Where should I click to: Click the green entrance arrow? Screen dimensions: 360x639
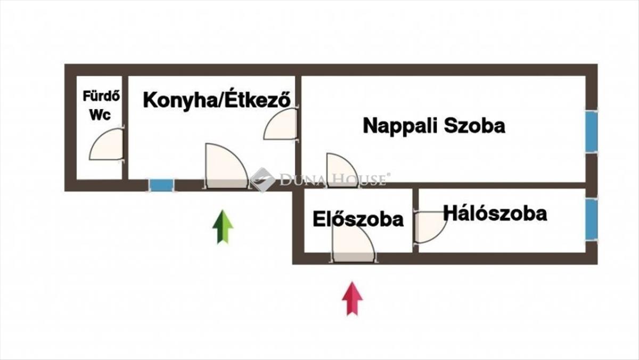click(x=223, y=227)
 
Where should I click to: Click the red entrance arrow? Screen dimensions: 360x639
click(x=352, y=298)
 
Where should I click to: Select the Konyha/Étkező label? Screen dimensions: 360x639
click(x=217, y=100)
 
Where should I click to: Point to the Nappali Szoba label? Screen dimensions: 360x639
click(x=433, y=126)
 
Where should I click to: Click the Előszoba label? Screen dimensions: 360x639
click(x=358, y=219)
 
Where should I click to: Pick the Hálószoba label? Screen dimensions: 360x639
click(x=495, y=214)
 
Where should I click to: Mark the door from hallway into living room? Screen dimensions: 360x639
click(x=341, y=171)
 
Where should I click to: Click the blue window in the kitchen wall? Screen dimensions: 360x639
click(x=161, y=185)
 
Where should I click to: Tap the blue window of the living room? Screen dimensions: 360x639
click(x=591, y=132)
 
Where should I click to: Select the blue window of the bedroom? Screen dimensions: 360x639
click(x=591, y=219)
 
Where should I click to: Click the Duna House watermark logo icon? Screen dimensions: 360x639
click(x=263, y=179)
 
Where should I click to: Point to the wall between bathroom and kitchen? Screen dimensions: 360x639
click(x=125, y=127)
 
